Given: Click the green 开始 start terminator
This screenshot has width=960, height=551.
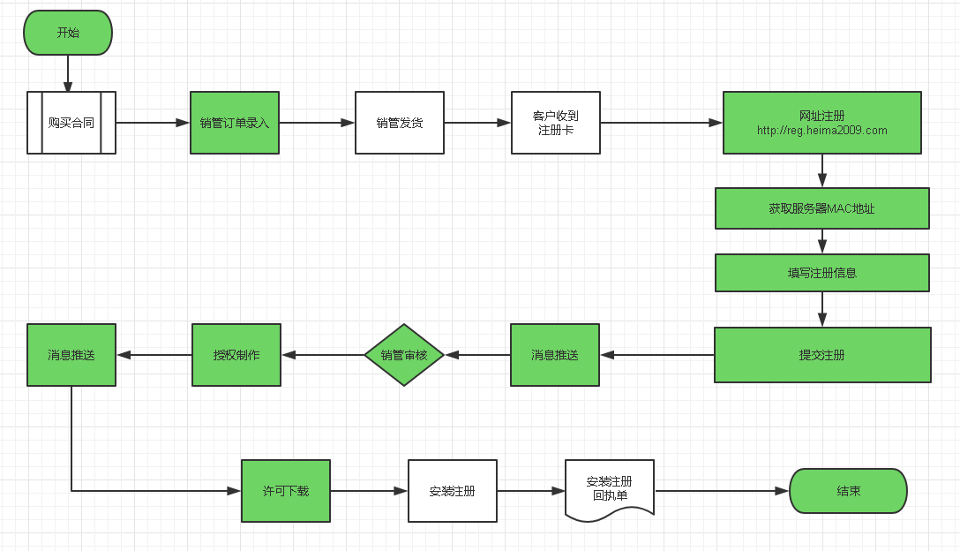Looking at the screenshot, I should coord(68,33).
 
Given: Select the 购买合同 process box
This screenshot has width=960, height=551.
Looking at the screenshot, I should coord(71,123).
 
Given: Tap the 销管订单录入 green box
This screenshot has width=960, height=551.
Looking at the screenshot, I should coord(235,123).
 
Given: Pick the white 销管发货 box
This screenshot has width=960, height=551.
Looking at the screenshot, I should coord(400,123).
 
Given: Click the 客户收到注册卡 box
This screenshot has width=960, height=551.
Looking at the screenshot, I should coord(556,123).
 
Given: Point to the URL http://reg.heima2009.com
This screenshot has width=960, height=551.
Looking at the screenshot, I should coord(821,131).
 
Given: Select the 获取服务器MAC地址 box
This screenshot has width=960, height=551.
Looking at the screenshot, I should coord(821,208).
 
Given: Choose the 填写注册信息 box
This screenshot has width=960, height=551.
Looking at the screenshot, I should coord(821,273).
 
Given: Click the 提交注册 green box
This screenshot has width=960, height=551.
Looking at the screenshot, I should coord(822,355).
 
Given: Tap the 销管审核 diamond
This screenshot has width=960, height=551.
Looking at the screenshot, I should coord(404,355).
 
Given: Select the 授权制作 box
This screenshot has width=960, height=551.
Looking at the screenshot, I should coord(236,355).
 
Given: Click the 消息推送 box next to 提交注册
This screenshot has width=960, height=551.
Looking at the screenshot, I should coord(555,355).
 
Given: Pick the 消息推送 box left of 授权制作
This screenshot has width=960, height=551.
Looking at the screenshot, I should coord(71,355).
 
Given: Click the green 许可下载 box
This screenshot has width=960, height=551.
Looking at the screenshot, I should coord(286,491).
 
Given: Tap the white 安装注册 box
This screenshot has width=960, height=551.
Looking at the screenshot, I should coord(453,491).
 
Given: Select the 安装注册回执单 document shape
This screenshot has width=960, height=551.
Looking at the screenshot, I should coord(610,489).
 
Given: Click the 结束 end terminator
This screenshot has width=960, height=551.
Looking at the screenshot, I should coord(848,491).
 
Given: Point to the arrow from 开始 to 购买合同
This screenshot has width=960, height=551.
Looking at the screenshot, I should coord(68,73).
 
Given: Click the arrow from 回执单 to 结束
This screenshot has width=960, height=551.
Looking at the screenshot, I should coord(722,491).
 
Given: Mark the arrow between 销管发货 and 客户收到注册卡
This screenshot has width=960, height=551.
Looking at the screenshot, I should coord(477,123).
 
